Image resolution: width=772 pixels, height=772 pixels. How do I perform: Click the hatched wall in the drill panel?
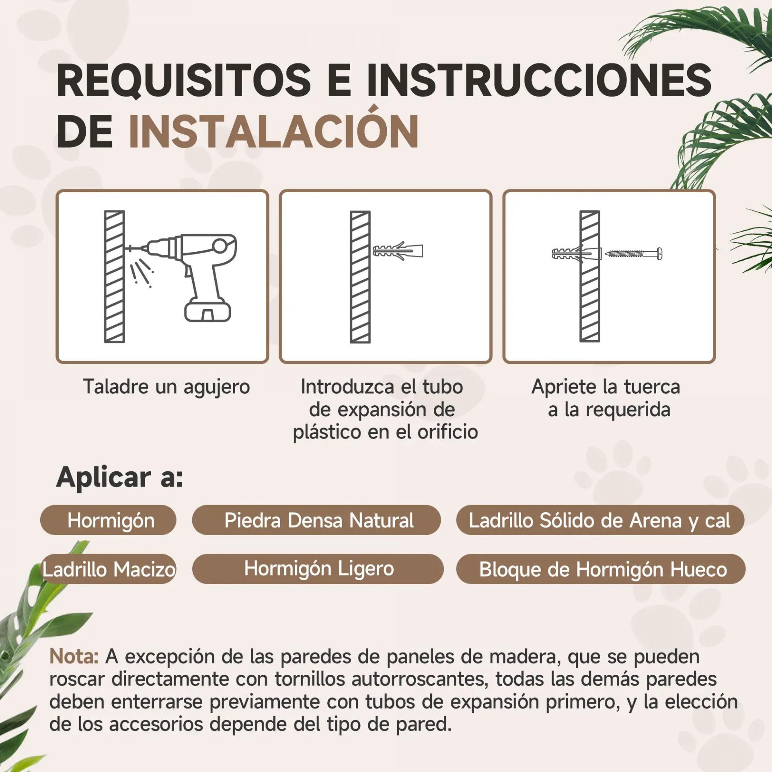coord(115,277)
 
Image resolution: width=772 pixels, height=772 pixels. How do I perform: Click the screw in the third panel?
coord(633,253)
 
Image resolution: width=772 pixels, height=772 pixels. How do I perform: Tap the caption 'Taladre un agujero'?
coord(166,387)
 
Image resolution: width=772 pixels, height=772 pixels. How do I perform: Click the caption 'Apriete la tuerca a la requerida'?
coord(606,398)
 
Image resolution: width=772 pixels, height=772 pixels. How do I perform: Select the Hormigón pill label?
coord(109,520)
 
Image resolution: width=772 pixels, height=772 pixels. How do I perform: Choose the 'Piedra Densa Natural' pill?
coord(316,520)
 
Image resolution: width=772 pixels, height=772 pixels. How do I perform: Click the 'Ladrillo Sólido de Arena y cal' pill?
coord(600,520)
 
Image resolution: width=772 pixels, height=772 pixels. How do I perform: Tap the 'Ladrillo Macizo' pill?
coord(109,569)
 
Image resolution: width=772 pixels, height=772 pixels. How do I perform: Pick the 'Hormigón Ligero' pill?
coord(318,569)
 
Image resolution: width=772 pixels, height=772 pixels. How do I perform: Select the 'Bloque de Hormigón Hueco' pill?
coord(601,569)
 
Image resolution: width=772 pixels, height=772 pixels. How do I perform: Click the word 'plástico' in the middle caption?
coord(327,433)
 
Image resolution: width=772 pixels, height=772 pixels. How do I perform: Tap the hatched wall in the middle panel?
coord(360,277)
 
